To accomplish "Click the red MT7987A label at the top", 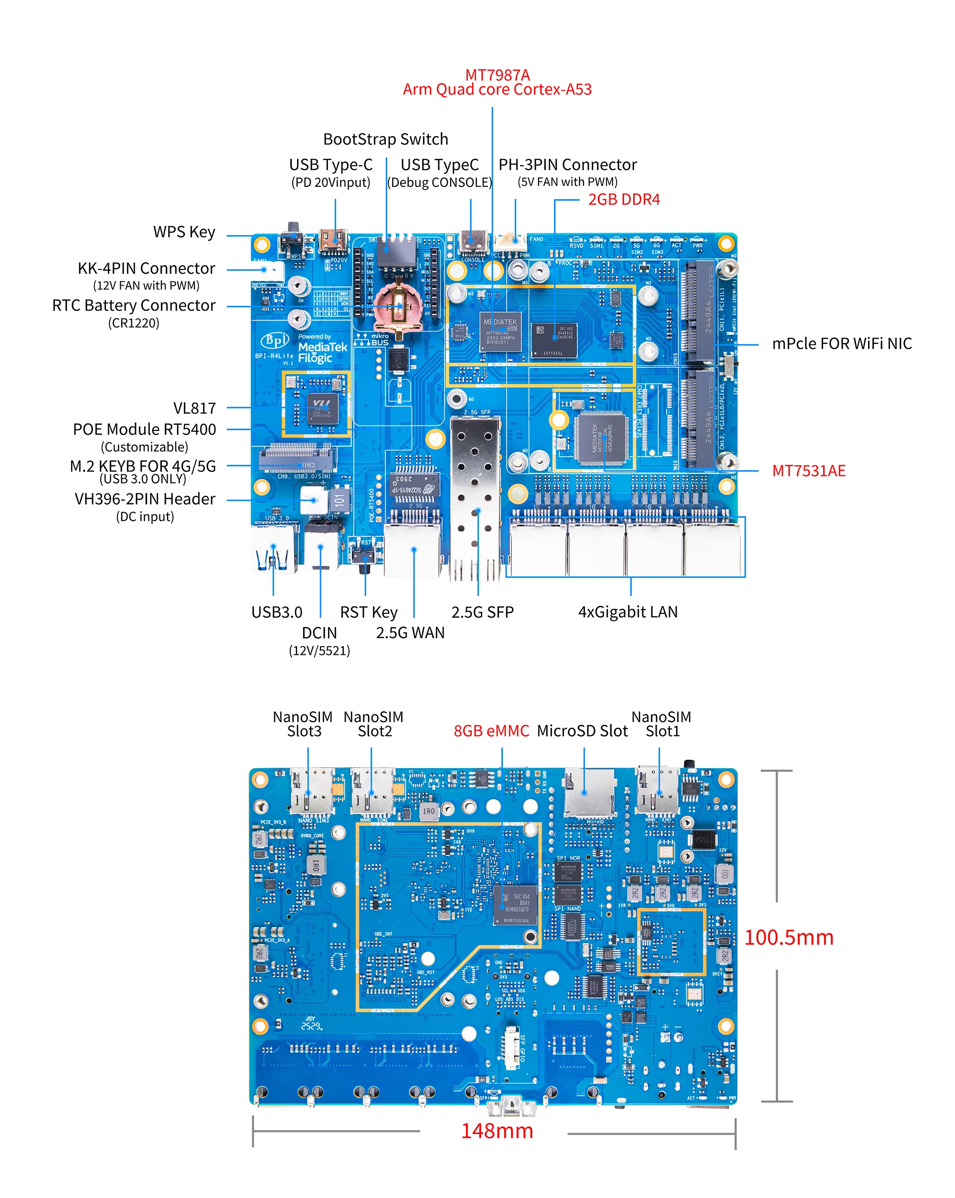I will click(x=497, y=75).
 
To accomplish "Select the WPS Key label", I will click(x=184, y=232).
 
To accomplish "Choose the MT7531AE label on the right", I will click(x=808, y=471).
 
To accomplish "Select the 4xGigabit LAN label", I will click(x=627, y=612).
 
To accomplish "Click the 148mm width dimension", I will click(x=497, y=1131).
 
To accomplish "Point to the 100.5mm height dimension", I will click(x=788, y=937).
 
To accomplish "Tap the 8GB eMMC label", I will click(x=491, y=731).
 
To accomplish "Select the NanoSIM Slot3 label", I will click(x=303, y=724).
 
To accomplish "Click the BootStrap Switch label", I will click(x=385, y=139).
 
